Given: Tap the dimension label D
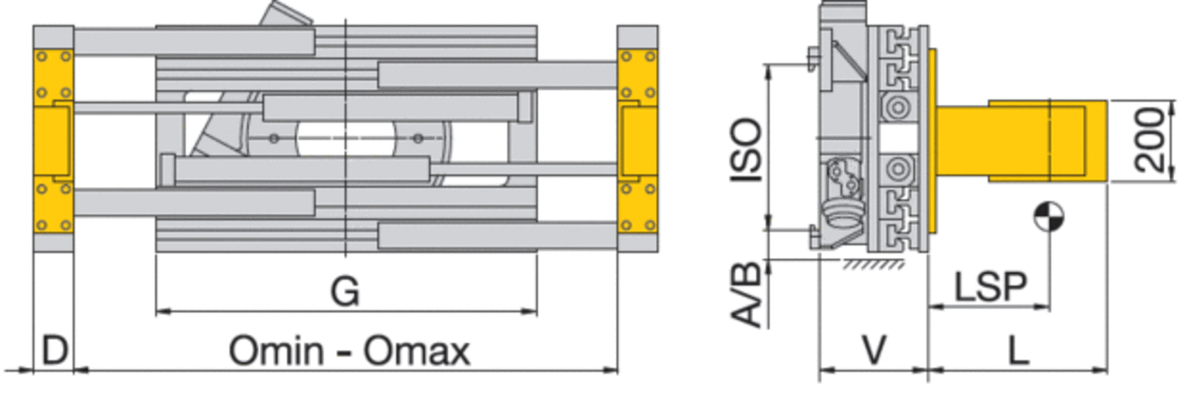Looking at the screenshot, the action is pyautogui.click(x=54, y=350).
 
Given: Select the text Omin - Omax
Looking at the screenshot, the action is pyautogui.click(x=349, y=351).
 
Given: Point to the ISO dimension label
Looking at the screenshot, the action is pyautogui.click(x=747, y=150).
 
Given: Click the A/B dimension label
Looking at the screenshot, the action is pyautogui.click(x=746, y=295).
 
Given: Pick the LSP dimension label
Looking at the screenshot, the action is pyautogui.click(x=990, y=286).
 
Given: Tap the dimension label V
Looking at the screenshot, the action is pyautogui.click(x=874, y=350).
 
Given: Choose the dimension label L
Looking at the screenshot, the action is pyautogui.click(x=1018, y=350).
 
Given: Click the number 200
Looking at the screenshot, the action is pyautogui.click(x=1149, y=140).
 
